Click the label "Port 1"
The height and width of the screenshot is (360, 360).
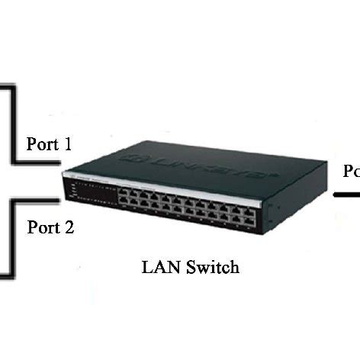pos(50,144)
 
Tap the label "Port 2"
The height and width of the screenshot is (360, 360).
pos(50,227)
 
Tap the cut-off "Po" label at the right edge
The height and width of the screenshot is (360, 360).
pos(352,172)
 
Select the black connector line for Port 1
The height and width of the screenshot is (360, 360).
pos(34,162)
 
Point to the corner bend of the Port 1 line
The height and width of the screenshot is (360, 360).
pos(12,162)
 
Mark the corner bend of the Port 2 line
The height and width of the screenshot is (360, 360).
pos(11,201)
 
